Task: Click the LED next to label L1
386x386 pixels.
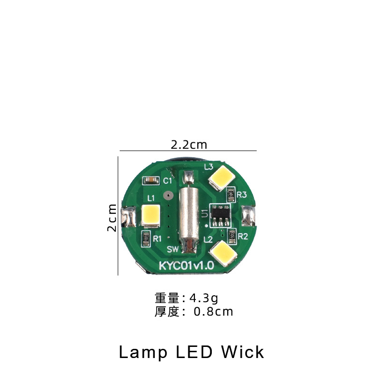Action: pos(151,216)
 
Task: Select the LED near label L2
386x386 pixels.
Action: pos(223,253)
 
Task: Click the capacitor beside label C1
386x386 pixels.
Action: pos(151,181)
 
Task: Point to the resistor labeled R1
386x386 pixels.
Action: pos(146,238)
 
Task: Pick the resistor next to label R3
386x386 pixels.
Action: pos(231,194)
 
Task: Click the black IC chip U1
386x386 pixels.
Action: pos(221,215)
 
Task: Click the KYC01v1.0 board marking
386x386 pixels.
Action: pos(187,265)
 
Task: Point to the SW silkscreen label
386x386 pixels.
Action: pos(173,249)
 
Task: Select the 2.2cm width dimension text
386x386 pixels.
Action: pos(189,145)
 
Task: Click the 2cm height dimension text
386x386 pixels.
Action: pos(112,218)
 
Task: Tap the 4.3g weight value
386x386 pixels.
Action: pos(204,298)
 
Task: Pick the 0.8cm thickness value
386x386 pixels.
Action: pos(213,312)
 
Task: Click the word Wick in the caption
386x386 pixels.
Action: pos(243,352)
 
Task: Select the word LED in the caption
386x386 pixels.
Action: pos(194,352)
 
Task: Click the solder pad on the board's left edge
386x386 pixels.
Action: pos(128,217)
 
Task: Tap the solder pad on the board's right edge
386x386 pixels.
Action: pos(248,216)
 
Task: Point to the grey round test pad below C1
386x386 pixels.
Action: pos(168,196)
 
